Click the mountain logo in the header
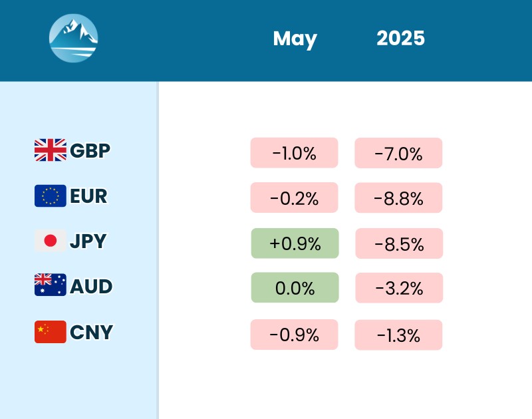(x=74, y=39)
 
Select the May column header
(x=295, y=39)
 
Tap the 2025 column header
(x=400, y=38)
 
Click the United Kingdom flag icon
(x=51, y=150)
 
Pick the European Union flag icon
(x=51, y=196)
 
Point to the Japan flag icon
(x=51, y=241)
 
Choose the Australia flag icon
(x=51, y=285)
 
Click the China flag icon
(x=51, y=331)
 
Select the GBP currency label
(x=90, y=151)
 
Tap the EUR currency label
(x=88, y=196)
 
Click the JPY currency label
(x=88, y=241)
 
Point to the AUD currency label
(x=91, y=286)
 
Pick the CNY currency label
(x=91, y=331)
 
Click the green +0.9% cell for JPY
(x=295, y=243)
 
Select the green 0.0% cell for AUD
(x=295, y=287)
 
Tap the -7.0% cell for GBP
(x=398, y=154)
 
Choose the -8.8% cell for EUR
(x=398, y=198)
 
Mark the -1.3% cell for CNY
(x=398, y=335)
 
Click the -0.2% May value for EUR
(x=295, y=198)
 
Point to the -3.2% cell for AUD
(x=398, y=287)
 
